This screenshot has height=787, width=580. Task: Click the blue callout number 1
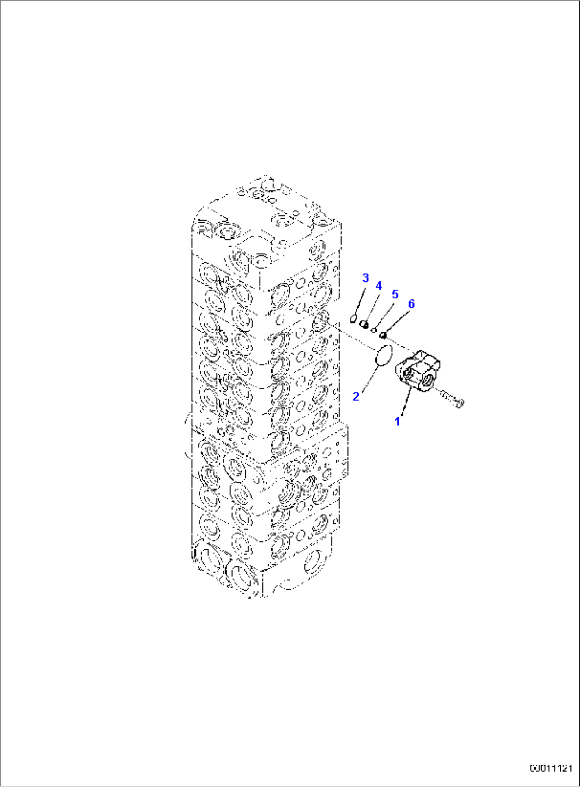click(397, 421)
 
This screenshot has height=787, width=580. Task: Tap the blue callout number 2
click(356, 397)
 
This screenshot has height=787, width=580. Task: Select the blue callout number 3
click(366, 278)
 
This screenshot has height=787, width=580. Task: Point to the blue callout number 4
click(378, 286)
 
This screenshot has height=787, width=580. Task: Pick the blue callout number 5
click(395, 295)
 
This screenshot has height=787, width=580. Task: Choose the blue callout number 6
click(411, 304)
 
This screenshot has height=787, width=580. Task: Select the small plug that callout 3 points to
click(353, 320)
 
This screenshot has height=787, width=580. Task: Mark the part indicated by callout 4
click(364, 324)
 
